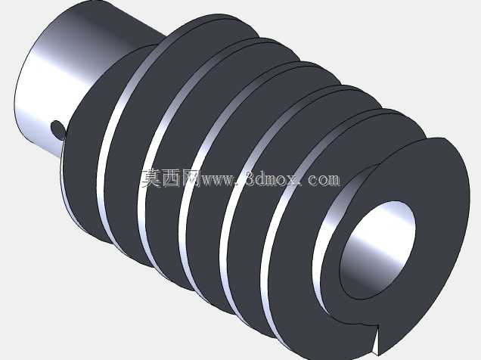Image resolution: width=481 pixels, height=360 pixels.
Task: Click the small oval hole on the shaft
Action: tap(58, 129)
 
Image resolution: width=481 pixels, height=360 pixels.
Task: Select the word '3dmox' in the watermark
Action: tap(272, 178)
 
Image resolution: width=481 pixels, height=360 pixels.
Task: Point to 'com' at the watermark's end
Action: tap(324, 180)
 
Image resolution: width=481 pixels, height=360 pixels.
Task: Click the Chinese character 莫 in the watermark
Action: tap(151, 178)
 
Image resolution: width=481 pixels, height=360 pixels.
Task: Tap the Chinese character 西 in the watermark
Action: tap(171, 178)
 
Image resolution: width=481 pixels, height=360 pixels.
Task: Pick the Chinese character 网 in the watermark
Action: tap(191, 178)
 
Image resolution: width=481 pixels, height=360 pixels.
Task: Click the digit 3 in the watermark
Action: tap(250, 178)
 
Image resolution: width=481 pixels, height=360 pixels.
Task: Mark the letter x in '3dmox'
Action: tap(293, 180)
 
